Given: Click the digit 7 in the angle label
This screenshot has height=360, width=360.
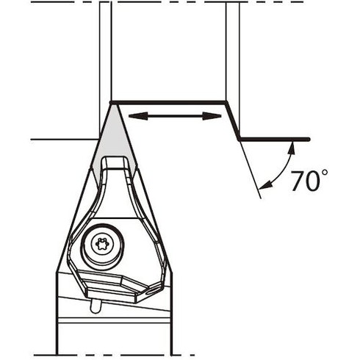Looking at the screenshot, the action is coord(297,181).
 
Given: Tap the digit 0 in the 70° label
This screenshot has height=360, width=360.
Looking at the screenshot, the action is coord(312,181).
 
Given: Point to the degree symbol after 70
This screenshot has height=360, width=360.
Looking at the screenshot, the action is coord(324,173).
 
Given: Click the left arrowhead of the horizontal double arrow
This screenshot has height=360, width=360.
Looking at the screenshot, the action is coord(138,116).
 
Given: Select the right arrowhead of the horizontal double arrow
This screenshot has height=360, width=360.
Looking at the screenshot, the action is coord(212,116).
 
